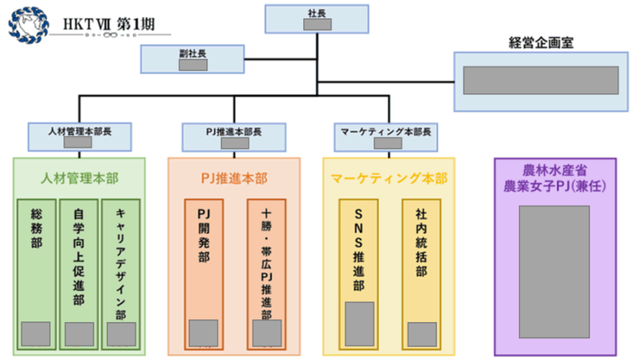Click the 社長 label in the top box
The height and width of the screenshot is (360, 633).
317,13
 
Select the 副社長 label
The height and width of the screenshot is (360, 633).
192,52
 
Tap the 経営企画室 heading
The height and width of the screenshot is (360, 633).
541,42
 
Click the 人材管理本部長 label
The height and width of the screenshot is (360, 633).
80,130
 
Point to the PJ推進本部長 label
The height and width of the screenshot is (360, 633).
234,131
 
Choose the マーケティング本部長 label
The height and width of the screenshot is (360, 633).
385,131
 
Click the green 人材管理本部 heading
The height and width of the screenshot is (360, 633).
79,178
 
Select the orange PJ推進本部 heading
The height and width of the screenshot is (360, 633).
234,179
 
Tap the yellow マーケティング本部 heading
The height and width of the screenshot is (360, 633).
388,179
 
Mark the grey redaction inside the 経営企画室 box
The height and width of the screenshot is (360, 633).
540,80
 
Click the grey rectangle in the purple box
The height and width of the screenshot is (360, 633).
554,271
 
